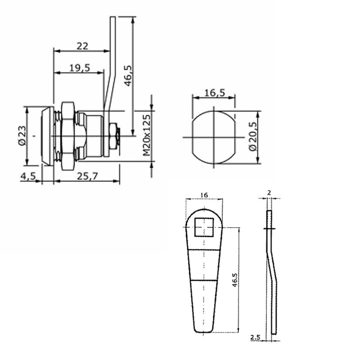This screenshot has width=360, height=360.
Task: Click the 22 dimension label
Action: (x=82, y=46)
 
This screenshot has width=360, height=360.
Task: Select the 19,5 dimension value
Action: (x=80, y=68)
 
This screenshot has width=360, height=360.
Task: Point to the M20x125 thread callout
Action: (x=147, y=135)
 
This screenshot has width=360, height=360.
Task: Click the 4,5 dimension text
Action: (x=28, y=176)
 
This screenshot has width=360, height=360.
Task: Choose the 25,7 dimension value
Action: (x=87, y=176)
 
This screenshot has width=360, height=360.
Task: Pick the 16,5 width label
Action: (x=215, y=93)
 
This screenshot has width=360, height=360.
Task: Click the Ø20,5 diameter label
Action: (x=252, y=136)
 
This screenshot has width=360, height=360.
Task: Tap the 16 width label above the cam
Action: (x=204, y=195)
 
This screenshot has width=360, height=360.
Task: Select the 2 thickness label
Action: (x=269, y=193)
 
